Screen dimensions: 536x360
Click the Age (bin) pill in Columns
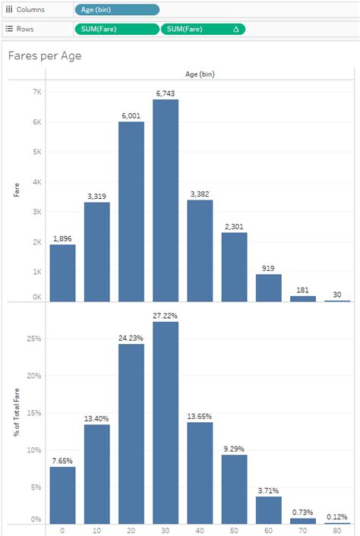click(117, 10)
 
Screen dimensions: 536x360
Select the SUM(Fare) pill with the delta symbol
click(203, 29)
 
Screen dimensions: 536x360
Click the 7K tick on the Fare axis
click(36, 92)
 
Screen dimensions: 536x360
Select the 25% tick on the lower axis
click(34, 337)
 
